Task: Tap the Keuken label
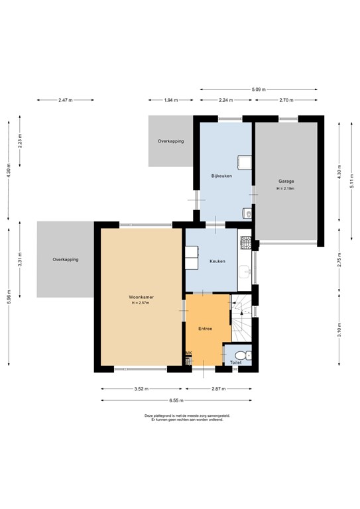[x=217, y=261]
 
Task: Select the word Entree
[x=206, y=328]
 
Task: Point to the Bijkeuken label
[x=221, y=176]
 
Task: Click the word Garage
[x=286, y=181]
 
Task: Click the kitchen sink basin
[x=245, y=272]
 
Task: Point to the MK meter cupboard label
[x=188, y=353]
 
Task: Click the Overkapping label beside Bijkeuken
[x=170, y=141]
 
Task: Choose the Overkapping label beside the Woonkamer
[x=66, y=259]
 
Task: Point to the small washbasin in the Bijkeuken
[x=247, y=213]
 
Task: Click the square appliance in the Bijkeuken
[x=244, y=161]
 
